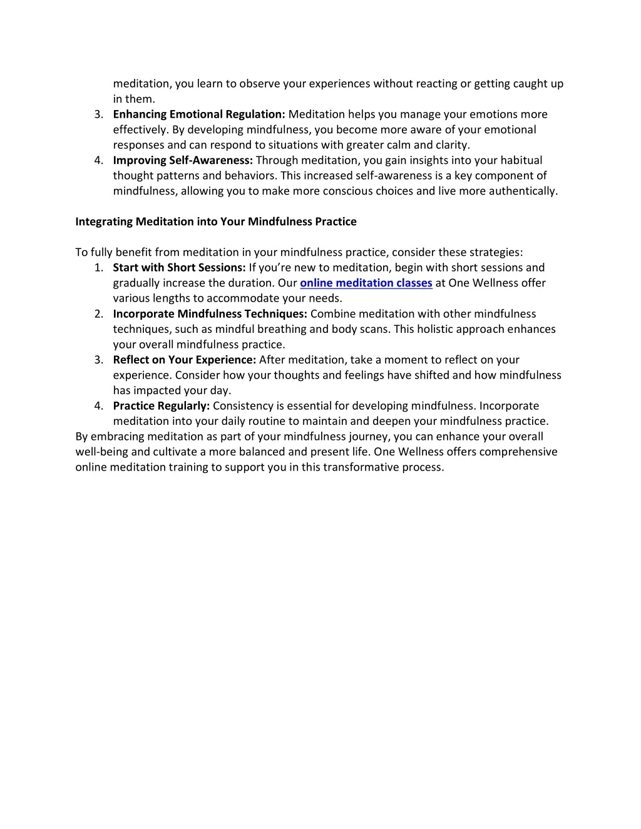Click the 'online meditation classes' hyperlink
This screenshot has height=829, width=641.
click(366, 283)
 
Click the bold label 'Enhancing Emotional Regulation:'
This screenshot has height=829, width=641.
click(199, 114)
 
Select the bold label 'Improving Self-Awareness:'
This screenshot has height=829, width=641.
click(183, 161)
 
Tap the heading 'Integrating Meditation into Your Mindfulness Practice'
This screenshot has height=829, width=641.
click(216, 221)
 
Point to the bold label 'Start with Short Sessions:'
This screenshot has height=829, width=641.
click(179, 268)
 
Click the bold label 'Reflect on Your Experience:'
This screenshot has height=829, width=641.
click(185, 360)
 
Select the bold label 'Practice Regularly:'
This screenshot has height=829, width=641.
click(161, 406)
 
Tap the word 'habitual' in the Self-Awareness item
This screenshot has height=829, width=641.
click(521, 161)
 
